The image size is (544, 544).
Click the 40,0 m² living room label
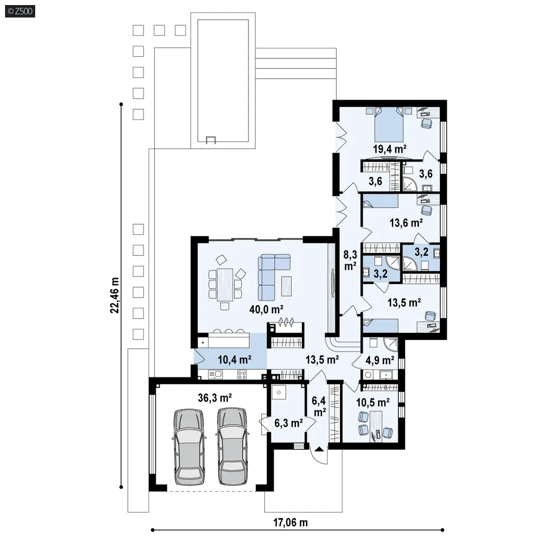coord(266,309)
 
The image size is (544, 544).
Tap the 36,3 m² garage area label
coord(215,397)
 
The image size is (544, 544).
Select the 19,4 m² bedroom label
coord(389,149)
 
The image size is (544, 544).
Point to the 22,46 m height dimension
coord(114,296)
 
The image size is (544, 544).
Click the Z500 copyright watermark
coord(20,12)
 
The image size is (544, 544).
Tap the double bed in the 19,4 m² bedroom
coord(389,124)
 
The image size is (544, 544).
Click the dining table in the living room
coord(225,285)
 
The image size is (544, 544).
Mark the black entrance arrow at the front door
coord(319,449)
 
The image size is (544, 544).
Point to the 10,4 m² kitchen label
coord(235,360)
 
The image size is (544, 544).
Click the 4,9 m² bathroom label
coord(380,361)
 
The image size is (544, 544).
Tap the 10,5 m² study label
coord(373,403)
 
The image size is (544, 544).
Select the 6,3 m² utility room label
coord(289,423)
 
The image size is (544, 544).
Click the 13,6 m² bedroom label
coord(406,223)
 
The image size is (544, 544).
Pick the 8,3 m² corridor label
coord(351,260)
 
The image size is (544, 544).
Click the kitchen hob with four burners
coord(242,374)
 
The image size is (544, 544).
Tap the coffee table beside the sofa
coord(286,286)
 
